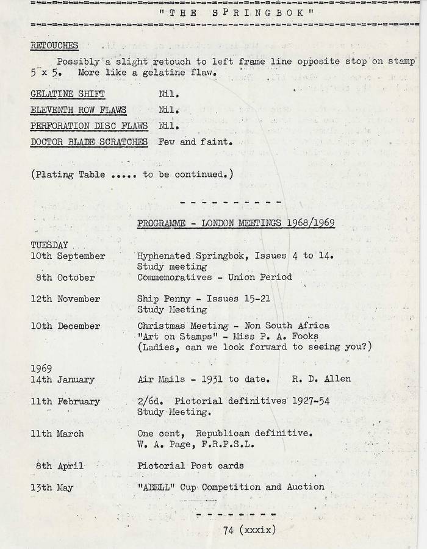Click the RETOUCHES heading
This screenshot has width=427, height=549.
pyautogui.click(x=54, y=46)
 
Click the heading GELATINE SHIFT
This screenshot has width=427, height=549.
pyautogui.click(x=68, y=95)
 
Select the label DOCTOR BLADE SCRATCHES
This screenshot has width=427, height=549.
pyautogui.click(x=89, y=142)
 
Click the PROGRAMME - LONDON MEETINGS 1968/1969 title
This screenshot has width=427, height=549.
pyautogui.click(x=236, y=224)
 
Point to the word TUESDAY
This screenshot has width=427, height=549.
pyautogui.click(x=49, y=245)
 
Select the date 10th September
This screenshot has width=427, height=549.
pyautogui.click(x=68, y=256)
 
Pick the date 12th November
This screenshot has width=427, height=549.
pyautogui.click(x=65, y=299)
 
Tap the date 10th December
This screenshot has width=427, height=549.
pyautogui.click(x=65, y=326)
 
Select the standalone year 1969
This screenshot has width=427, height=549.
pyautogui.click(x=41, y=368)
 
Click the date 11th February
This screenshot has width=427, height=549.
pyautogui.click(x=65, y=401)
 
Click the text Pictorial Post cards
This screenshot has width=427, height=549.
pyautogui.click(x=190, y=465)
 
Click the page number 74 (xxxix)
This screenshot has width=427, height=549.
pyautogui.click(x=249, y=529)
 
